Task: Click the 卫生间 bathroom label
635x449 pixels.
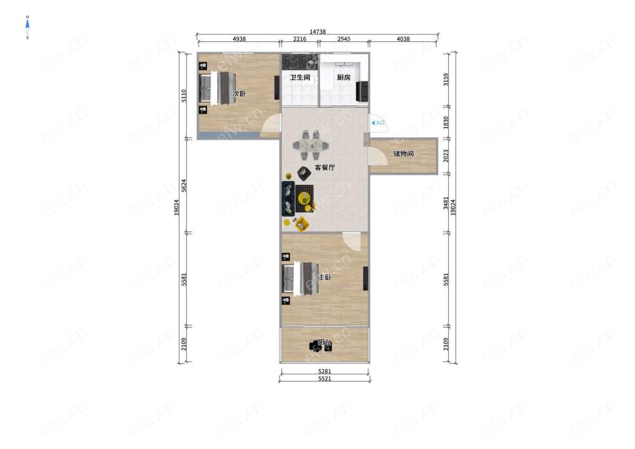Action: [300, 77]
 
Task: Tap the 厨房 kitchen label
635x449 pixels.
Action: [344, 77]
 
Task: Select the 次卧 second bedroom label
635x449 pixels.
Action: [239, 93]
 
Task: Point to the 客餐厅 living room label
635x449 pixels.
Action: [324, 167]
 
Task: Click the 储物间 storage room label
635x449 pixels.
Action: [403, 154]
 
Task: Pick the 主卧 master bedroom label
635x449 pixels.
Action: [324, 278]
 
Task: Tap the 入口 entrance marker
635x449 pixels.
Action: [378, 123]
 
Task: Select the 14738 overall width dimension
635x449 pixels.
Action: [317, 32]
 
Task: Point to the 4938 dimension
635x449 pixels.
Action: [239, 39]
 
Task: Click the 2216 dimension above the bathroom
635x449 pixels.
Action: [300, 39]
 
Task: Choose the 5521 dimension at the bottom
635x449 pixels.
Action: [324, 379]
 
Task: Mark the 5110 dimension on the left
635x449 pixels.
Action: [184, 95]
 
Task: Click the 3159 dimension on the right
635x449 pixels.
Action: [446, 79]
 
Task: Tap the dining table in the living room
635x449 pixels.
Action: [311, 145]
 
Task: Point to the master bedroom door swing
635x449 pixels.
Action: [352, 241]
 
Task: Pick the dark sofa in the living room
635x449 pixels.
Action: [288, 198]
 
